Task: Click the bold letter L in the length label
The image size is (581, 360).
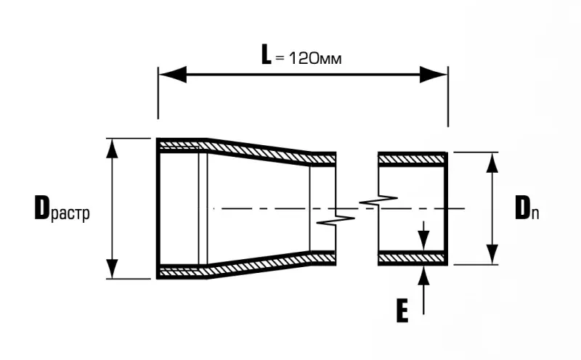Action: tap(266, 55)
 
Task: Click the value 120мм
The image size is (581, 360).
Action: tap(314, 58)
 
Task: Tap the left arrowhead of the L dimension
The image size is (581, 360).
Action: tap(173, 75)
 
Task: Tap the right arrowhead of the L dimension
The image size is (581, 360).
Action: tap(433, 75)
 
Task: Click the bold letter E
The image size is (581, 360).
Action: tap(402, 311)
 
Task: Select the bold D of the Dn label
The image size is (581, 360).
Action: tap(523, 208)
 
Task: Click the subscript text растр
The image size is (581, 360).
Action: tap(69, 214)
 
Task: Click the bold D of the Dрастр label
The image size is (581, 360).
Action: tap(41, 208)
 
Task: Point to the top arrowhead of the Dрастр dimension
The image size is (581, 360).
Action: tap(112, 148)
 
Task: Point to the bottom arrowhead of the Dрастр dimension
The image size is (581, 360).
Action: tap(112, 269)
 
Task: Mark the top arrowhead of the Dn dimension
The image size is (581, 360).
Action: tap(492, 163)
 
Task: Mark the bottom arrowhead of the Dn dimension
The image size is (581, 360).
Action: tap(492, 255)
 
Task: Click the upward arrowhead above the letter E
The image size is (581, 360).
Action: tap(423, 276)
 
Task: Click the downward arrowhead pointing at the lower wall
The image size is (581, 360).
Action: tap(423, 240)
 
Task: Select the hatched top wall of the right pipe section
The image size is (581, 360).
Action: tap(411, 159)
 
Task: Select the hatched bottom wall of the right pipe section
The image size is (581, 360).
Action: tap(411, 258)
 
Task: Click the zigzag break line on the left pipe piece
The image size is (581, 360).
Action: tap(336, 220)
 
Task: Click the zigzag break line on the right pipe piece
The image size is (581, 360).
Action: tap(378, 200)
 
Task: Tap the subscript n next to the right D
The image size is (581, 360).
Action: tap(535, 214)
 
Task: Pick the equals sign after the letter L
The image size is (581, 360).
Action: tap(280, 58)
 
